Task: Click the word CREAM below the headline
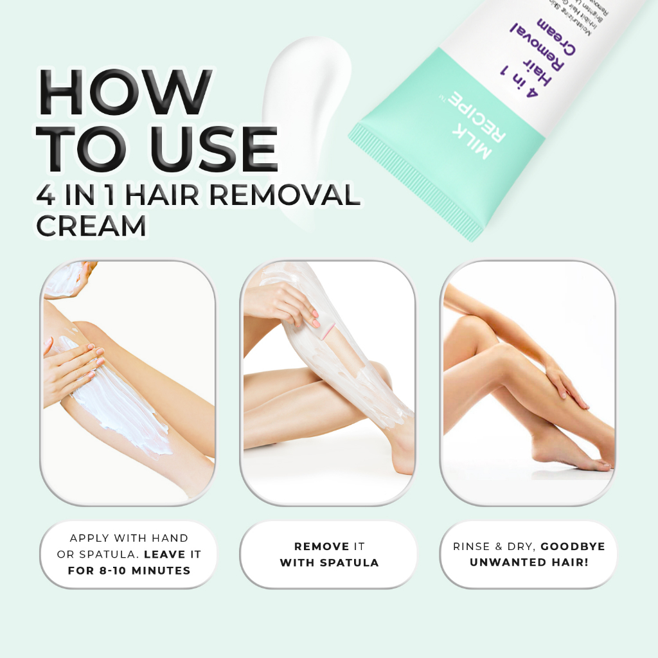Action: (91, 225)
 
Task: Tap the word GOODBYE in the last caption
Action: (573, 546)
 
